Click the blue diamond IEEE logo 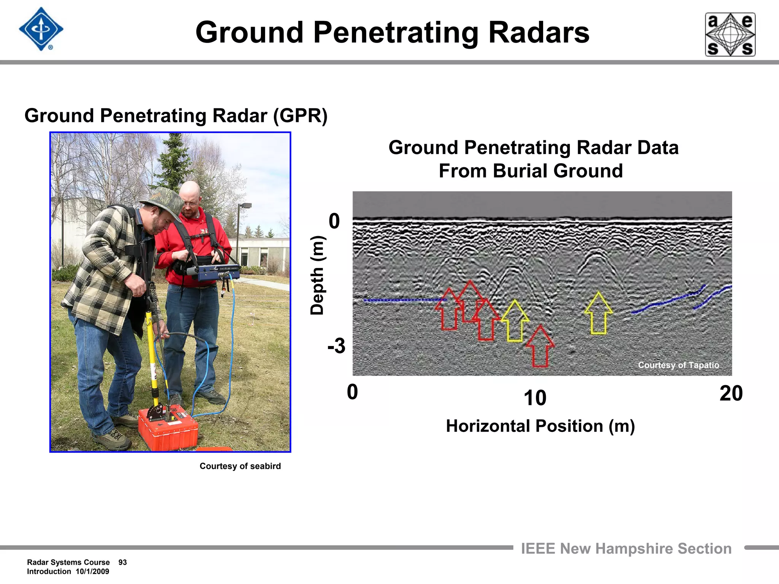[41, 29]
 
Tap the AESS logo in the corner [730, 35]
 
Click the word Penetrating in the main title [395, 33]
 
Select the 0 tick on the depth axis [334, 221]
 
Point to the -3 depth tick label [336, 346]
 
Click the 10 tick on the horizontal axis [535, 398]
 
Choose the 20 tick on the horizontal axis [731, 394]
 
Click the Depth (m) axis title [317, 275]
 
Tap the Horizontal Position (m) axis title [540, 426]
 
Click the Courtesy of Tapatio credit [678, 365]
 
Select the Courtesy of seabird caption [240, 466]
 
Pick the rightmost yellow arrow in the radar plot [599, 313]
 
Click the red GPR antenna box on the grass [168, 428]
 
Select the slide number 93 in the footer [122, 562]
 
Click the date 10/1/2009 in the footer [92, 571]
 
